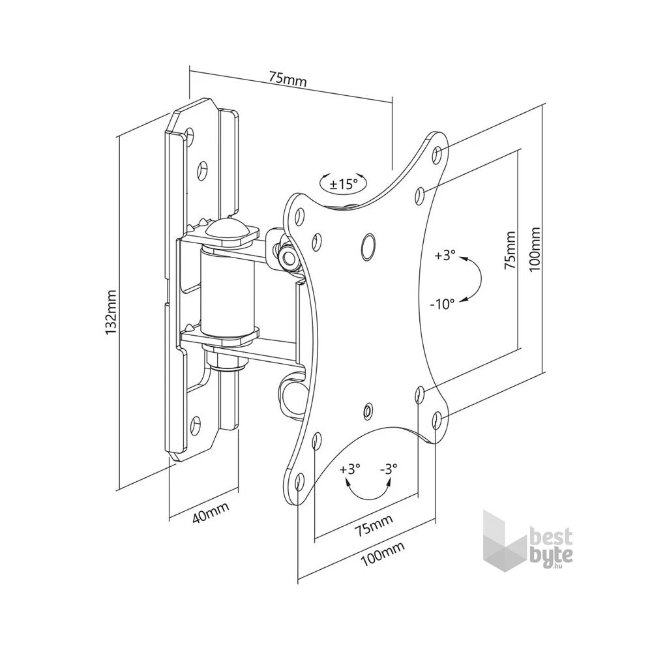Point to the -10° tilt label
[x=442, y=304]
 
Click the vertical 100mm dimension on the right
[x=536, y=248]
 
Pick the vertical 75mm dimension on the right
[x=510, y=250]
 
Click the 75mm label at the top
[x=288, y=79]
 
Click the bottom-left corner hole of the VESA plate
[x=299, y=482]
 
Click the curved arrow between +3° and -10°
[x=474, y=278]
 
